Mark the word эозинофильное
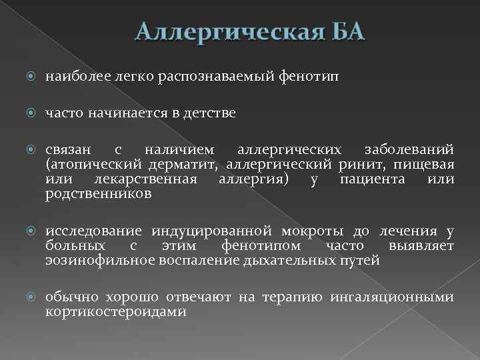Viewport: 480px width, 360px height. pos(100,261)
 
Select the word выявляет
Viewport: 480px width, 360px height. pos(426,247)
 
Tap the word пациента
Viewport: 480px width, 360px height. pos(367,179)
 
